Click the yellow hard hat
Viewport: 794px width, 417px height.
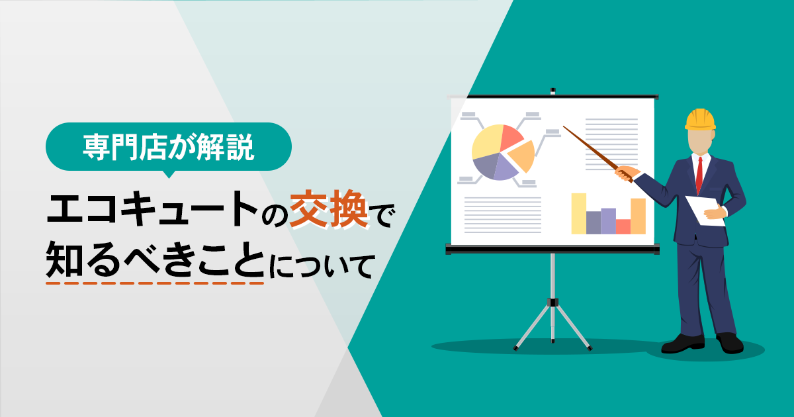tap(700, 120)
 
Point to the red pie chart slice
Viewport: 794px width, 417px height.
tap(511, 137)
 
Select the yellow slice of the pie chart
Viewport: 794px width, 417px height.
tap(486, 142)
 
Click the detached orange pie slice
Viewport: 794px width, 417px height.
tap(523, 156)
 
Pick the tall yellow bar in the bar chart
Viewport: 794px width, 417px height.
tap(578, 213)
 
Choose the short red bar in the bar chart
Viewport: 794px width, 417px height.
tap(623, 226)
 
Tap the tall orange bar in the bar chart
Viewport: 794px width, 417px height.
tap(638, 216)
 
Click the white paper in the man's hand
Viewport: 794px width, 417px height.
tap(705, 210)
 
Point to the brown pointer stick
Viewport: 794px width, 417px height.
tap(597, 154)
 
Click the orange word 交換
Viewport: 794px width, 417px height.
tap(328, 209)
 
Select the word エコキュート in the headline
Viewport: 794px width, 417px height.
tap(152, 208)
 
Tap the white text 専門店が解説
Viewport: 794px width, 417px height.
tap(168, 146)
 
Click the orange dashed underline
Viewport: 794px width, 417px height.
tap(155, 283)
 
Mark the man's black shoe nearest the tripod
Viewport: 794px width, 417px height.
tap(682, 344)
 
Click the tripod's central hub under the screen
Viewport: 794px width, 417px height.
tap(552, 302)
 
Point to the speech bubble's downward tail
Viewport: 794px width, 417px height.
tap(169, 174)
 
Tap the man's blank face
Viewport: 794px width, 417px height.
tap(699, 141)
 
